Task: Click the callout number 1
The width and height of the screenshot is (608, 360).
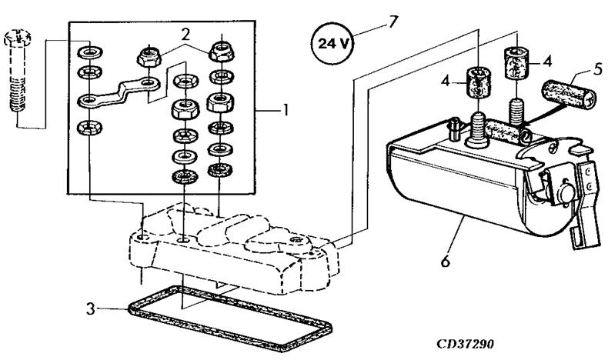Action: (286, 110)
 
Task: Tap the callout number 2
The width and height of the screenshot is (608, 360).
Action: (185, 35)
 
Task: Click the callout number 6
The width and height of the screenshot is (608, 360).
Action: (444, 261)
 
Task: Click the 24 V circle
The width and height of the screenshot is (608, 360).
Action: (333, 43)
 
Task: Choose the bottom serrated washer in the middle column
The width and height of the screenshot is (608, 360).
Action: (185, 178)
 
